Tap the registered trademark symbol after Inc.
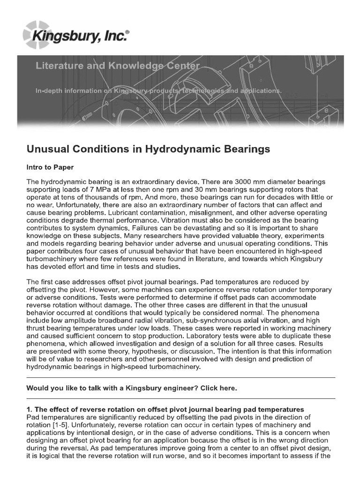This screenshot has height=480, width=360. point(127,29)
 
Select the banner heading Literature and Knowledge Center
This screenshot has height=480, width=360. point(118,67)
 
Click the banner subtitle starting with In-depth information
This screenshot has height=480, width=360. point(159,90)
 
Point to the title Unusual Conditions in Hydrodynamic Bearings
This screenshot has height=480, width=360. point(149,150)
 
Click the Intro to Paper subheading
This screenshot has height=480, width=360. point(50,167)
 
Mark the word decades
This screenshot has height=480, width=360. point(279,197)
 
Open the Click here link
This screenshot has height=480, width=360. point(219,388)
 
